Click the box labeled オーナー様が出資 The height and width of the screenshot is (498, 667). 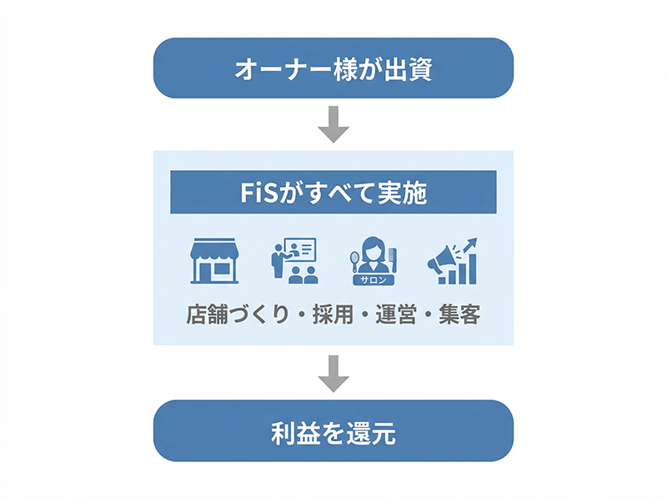coord(333,68)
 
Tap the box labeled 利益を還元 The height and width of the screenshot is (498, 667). coord(333,432)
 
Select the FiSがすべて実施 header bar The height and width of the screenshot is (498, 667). coord(333,193)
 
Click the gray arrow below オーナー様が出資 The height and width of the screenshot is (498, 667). coord(333,123)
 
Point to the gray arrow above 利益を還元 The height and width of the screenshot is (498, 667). coord(333,373)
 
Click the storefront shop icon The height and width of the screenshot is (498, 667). coord(214,260)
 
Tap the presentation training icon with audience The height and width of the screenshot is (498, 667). coord(293,260)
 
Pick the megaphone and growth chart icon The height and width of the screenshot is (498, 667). coord(452,260)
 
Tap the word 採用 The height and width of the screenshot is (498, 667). coord(329,316)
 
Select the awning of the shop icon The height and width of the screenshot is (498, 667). coord(214,249)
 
